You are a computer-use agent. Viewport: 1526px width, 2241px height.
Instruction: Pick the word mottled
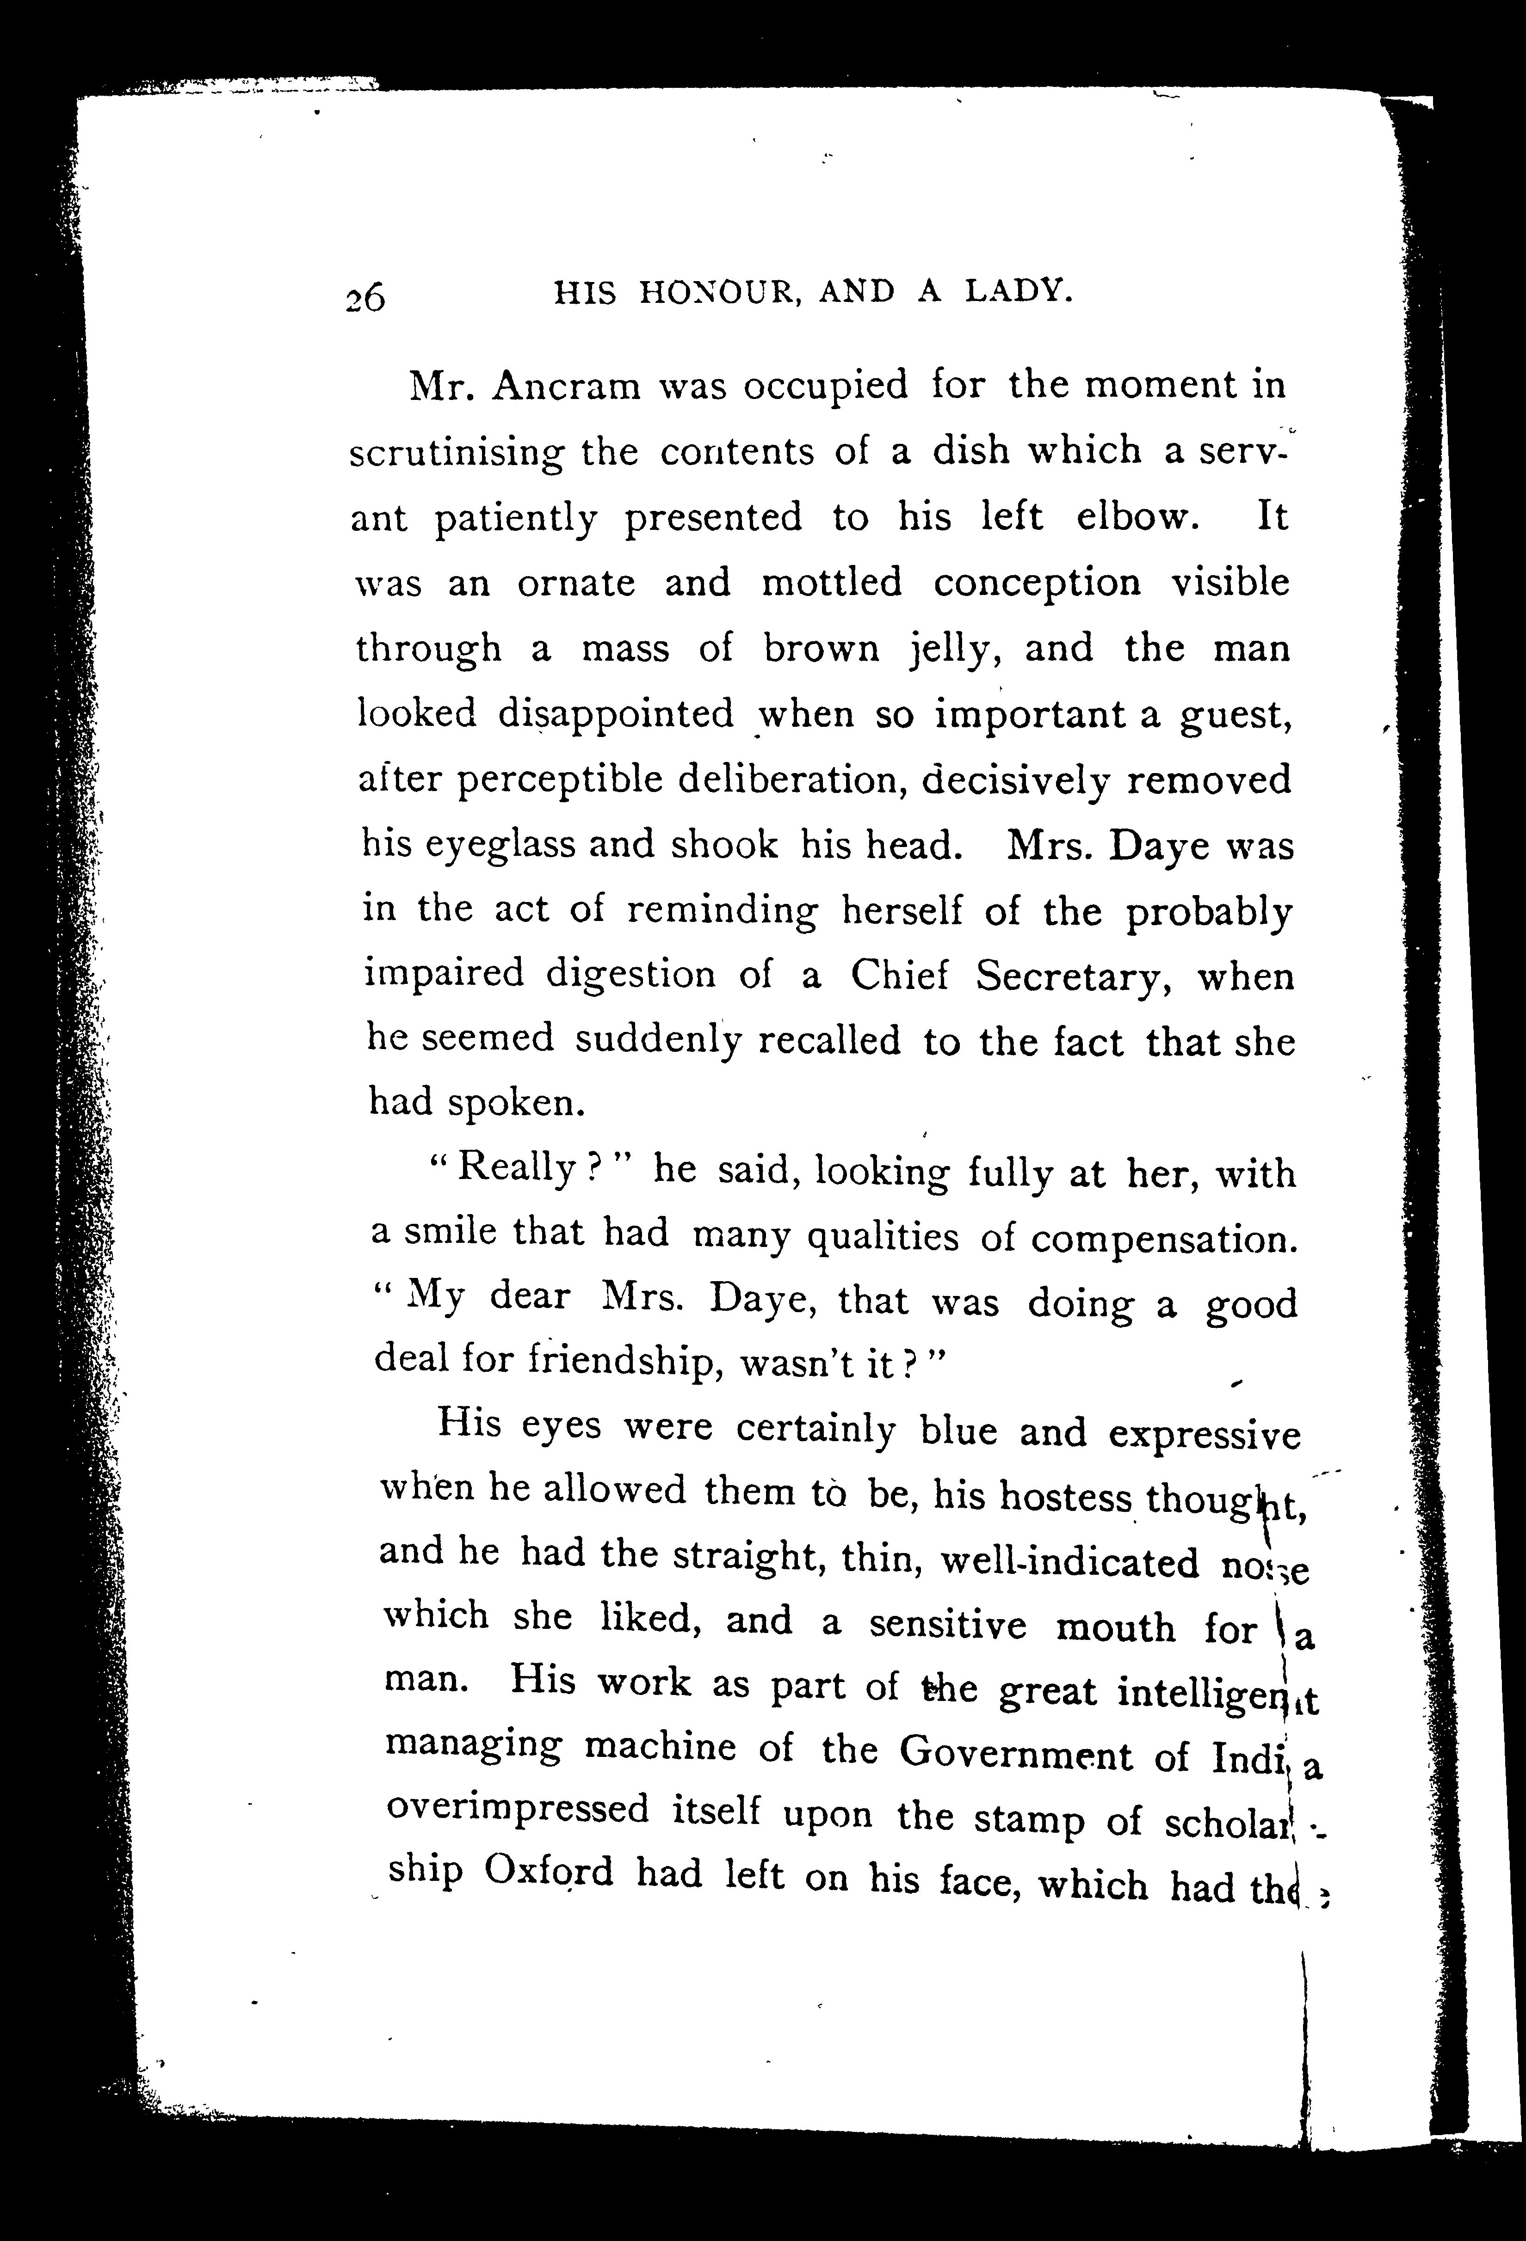(832, 583)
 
